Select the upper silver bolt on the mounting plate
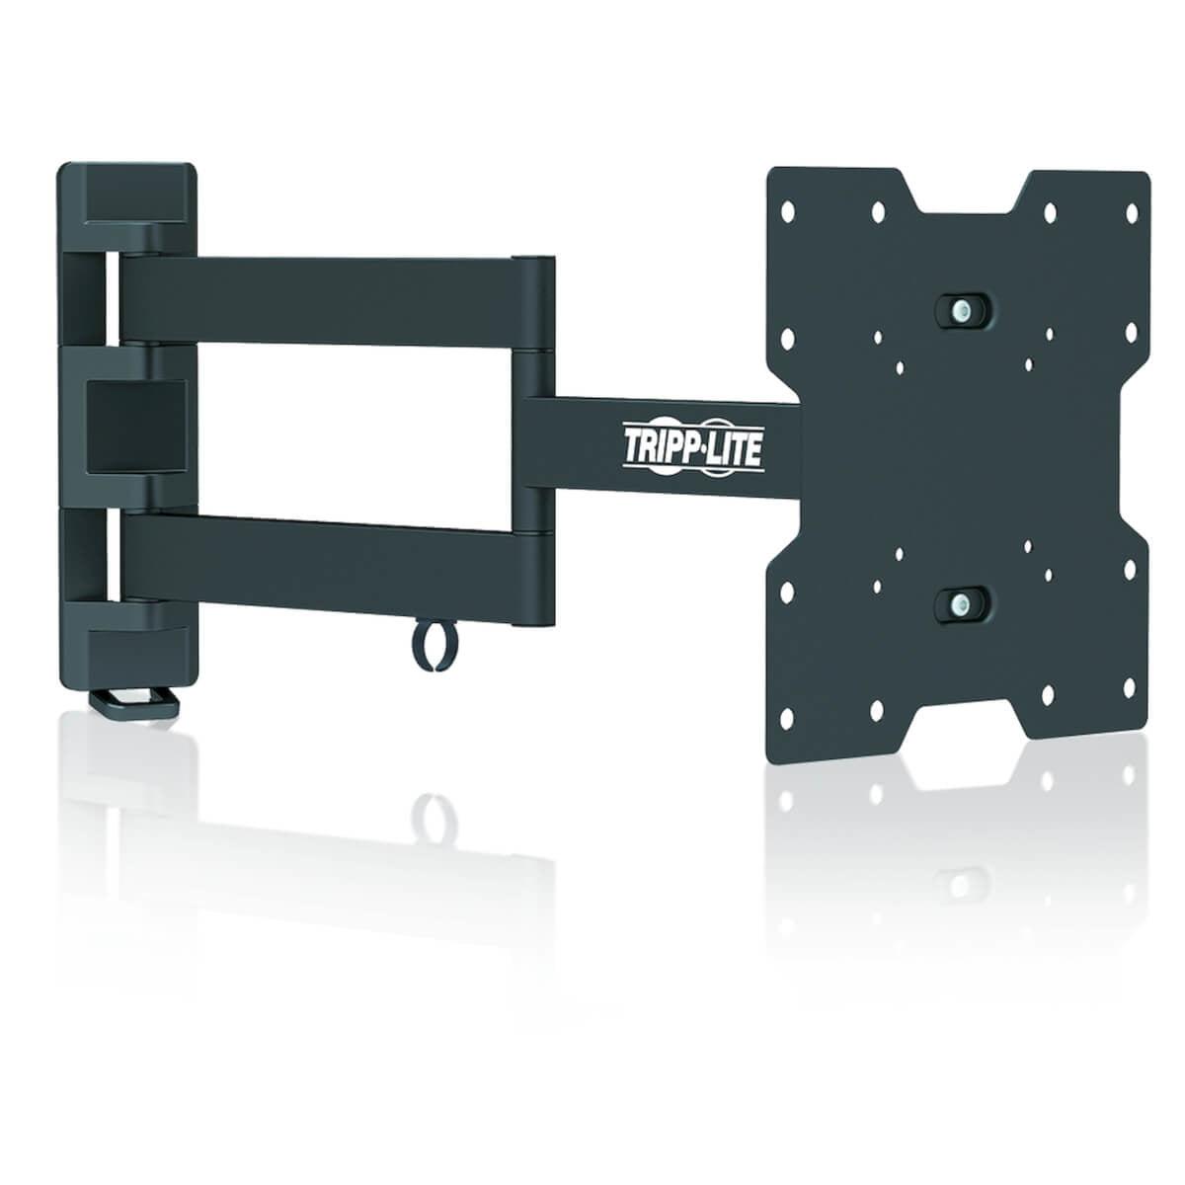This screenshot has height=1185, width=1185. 958,308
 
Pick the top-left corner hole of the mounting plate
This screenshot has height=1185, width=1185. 788,210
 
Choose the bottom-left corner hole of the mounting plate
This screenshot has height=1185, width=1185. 788,718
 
